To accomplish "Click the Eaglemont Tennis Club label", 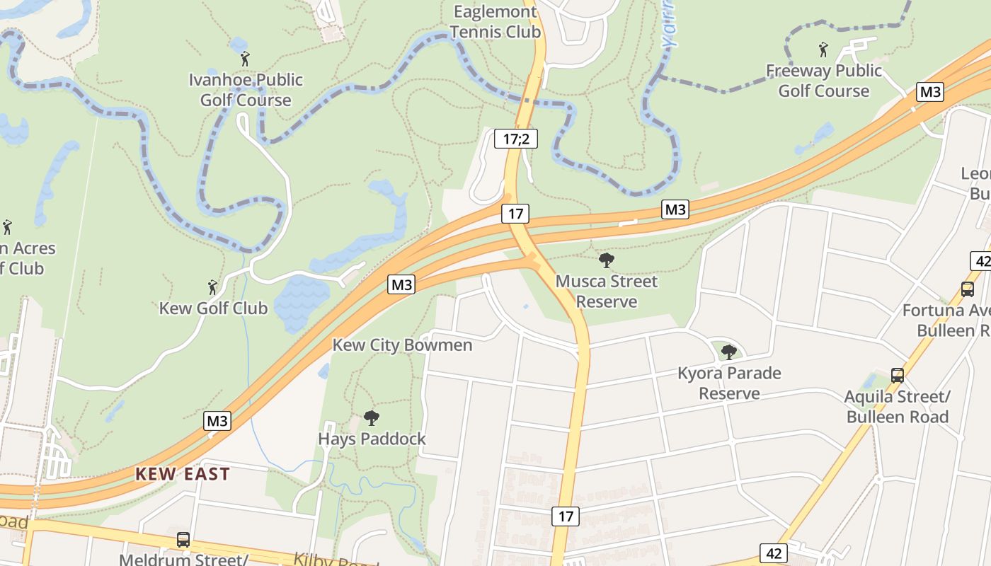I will point(495,22).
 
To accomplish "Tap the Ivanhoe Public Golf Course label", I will point(246,90).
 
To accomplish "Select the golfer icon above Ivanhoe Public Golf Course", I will point(245,59).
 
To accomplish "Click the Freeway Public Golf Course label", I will point(824,81).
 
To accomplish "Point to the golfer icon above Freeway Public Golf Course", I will point(823,50).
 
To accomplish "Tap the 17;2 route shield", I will point(516,139).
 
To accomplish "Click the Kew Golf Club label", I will point(213,308).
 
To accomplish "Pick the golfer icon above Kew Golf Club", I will point(212,287).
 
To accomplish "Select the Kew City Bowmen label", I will point(402,345).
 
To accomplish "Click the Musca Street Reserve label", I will point(607,291).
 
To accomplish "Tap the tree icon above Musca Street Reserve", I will point(607,260).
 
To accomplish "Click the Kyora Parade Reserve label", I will point(729,383).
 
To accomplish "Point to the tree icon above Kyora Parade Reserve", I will point(728,352).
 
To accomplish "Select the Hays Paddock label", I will point(372,439).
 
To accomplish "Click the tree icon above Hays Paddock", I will point(372,418).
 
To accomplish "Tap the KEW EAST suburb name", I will point(183,474).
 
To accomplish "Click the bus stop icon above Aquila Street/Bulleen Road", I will point(898,375).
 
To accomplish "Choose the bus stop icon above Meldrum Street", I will point(183,540).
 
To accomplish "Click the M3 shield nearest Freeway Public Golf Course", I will point(931,91).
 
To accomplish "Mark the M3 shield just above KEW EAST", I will point(217,421).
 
